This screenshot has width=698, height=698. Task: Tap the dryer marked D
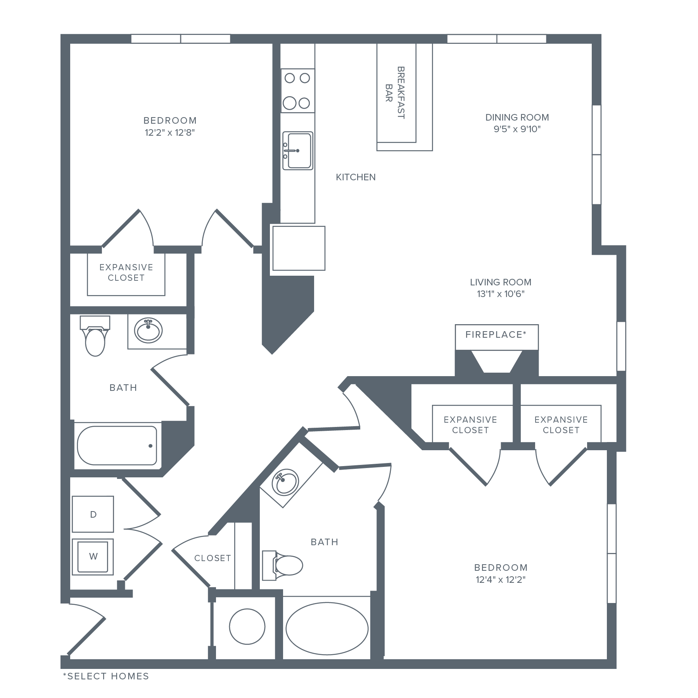[x=93, y=514]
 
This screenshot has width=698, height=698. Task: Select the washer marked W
[x=93, y=556]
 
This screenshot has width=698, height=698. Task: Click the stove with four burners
[x=297, y=91]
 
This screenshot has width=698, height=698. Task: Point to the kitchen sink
[x=297, y=150]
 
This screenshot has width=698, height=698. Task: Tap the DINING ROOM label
[x=517, y=123]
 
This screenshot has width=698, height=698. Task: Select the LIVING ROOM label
[x=501, y=288]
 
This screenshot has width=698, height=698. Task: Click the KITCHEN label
[x=356, y=177]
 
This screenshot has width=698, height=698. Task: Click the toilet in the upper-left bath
[x=95, y=337]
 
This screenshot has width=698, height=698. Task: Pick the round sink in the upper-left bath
[x=149, y=331]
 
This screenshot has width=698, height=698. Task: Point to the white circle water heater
[x=247, y=627]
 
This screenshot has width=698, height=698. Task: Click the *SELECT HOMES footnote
[x=106, y=676]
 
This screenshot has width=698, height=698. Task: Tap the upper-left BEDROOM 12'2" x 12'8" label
[x=170, y=126]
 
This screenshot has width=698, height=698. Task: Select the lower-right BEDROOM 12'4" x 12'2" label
[x=501, y=574]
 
